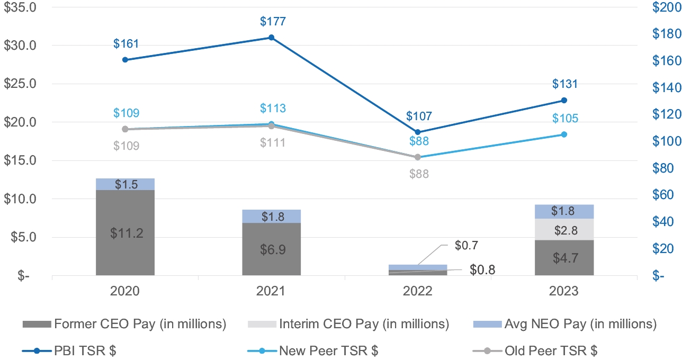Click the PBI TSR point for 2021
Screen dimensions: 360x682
271,38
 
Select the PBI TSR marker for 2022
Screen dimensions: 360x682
418,132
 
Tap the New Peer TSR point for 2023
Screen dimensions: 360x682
564,134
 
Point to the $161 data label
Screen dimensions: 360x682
125,44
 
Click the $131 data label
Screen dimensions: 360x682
564,84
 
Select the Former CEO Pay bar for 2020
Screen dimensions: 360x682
125,232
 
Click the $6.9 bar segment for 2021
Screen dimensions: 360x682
271,249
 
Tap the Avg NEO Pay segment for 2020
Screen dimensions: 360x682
125,184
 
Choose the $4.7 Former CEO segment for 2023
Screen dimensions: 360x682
564,257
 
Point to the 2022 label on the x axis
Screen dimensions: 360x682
418,291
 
